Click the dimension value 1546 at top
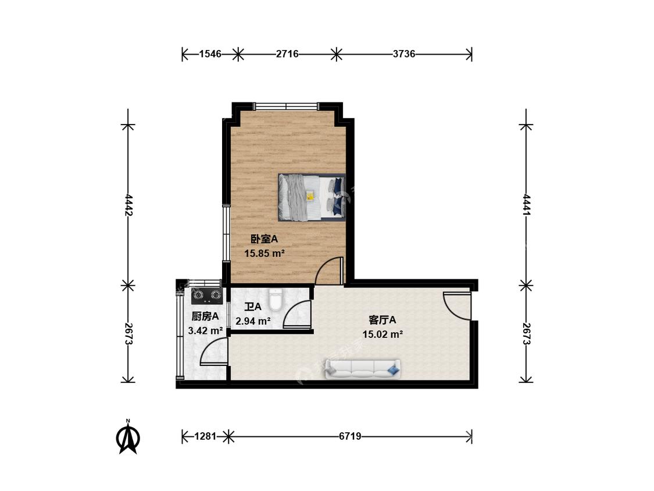(x=210, y=54)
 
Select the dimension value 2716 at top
(x=287, y=54)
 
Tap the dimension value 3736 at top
(x=404, y=54)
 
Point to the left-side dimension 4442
(x=128, y=205)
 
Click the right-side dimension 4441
(x=526, y=205)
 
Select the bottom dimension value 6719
(x=349, y=436)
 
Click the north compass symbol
(x=128, y=436)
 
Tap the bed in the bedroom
(x=311, y=197)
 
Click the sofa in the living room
(x=363, y=368)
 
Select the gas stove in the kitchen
(x=207, y=297)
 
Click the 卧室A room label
(x=264, y=239)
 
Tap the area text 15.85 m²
(x=264, y=253)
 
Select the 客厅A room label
(x=382, y=319)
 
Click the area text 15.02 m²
(x=382, y=334)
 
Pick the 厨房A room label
(x=205, y=316)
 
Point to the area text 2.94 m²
(x=253, y=321)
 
